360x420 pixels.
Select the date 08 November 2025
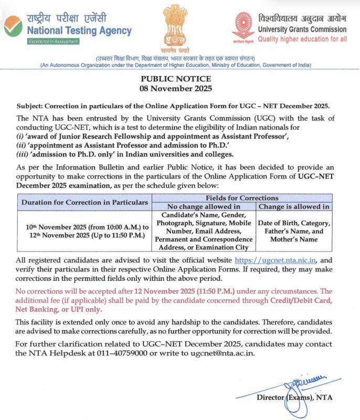[x=180, y=88]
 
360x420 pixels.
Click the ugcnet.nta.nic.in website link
[x=276, y=260]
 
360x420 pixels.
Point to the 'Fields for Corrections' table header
[x=241, y=198]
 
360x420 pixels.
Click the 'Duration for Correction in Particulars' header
[x=84, y=202]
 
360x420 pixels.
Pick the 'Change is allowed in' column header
[x=295, y=206]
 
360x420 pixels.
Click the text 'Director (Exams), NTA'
[x=294, y=397]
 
